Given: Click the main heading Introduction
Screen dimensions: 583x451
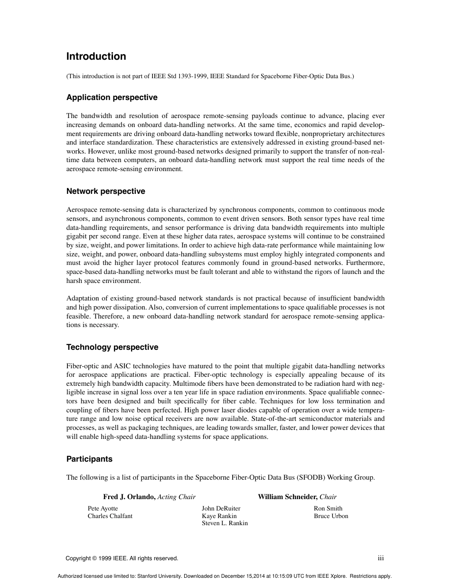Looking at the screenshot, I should click(96, 56).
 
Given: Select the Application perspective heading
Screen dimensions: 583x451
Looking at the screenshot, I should click(112, 97).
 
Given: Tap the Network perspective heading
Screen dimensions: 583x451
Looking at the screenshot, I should click(105, 191).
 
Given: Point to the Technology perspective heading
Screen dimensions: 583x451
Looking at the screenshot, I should click(112, 347).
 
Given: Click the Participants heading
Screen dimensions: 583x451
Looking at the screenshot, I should click(89, 459).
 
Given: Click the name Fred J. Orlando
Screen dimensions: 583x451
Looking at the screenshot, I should click(129, 497).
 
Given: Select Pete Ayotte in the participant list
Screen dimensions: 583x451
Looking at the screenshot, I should click(103, 509).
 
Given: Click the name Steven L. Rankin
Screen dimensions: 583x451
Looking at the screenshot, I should click(225, 523).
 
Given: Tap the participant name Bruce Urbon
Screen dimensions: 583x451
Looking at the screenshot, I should click(331, 516).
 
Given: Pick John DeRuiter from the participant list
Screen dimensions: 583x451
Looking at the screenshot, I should click(221, 509).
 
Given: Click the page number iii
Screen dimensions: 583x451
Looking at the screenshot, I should click(381, 558).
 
